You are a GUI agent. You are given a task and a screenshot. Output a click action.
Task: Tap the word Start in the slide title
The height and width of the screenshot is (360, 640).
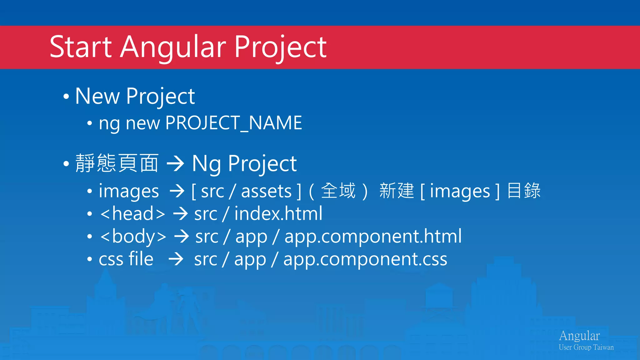tap(81, 47)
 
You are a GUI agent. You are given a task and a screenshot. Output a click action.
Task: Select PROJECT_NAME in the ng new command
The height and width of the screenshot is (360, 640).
tap(233, 123)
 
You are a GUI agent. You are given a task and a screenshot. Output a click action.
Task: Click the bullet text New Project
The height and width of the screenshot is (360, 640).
tap(135, 96)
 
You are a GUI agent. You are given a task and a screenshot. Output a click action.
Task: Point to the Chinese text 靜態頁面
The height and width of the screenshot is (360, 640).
tap(117, 163)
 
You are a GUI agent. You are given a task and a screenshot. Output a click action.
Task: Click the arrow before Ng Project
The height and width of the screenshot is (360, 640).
tap(175, 163)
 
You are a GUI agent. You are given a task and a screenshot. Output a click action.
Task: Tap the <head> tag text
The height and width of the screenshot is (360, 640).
tap(132, 214)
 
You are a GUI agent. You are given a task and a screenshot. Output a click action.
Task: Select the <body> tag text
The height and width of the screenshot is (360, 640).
tap(133, 237)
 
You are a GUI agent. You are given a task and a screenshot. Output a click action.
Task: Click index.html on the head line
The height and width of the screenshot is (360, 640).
tap(278, 214)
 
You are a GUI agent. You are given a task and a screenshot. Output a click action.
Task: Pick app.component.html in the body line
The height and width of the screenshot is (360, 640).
tap(373, 237)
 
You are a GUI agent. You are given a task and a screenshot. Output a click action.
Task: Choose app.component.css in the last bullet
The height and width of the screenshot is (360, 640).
tap(365, 259)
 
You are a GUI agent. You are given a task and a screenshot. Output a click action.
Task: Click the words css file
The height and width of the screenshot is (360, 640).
tap(126, 259)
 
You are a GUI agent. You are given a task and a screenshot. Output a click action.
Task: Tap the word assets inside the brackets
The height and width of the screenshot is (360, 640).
tap(266, 191)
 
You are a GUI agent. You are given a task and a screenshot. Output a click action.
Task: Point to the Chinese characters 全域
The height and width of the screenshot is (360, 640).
tap(338, 191)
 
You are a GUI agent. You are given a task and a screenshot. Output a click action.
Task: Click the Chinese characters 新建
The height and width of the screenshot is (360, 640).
tap(396, 191)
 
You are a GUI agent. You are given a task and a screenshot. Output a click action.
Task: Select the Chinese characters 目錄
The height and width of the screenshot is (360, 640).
tap(524, 191)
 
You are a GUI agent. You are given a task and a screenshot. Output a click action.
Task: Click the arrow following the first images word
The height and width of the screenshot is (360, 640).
tap(177, 191)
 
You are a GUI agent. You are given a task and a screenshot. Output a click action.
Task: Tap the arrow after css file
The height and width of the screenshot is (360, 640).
tap(176, 259)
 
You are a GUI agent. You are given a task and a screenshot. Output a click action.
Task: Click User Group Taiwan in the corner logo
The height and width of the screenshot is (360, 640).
tap(586, 347)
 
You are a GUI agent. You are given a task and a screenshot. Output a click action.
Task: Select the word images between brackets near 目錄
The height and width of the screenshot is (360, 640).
tap(460, 191)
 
